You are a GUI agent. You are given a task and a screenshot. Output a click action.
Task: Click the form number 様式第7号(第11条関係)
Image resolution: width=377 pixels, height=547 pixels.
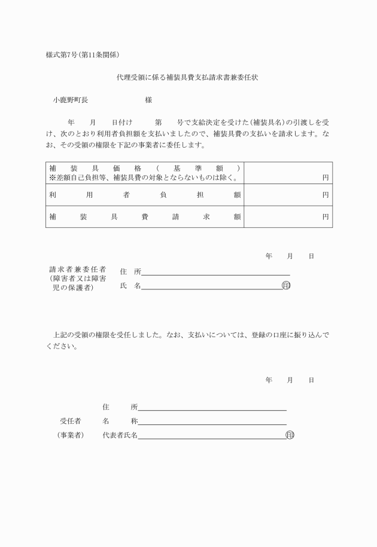(x=83, y=55)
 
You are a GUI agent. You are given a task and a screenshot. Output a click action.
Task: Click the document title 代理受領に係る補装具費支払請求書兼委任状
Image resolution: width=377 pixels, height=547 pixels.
(x=187, y=78)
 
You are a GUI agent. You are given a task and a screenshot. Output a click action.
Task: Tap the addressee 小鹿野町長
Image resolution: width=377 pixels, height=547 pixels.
(x=70, y=100)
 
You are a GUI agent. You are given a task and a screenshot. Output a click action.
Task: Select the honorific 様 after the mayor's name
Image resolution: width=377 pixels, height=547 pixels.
(x=148, y=100)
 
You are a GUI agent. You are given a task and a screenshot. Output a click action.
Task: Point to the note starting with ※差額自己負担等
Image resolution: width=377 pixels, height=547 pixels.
(x=144, y=178)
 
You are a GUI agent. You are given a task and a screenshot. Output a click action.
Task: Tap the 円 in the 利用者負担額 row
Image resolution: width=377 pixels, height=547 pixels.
(x=326, y=195)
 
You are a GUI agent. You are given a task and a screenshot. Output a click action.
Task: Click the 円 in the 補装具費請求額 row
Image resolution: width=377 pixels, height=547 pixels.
(x=326, y=217)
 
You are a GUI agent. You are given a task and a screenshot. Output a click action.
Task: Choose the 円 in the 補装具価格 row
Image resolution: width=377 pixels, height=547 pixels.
(x=326, y=178)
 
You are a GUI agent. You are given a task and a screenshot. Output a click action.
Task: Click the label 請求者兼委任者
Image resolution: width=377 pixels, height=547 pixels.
(x=78, y=270)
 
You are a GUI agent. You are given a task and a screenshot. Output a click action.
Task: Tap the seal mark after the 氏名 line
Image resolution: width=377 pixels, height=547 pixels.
(x=286, y=286)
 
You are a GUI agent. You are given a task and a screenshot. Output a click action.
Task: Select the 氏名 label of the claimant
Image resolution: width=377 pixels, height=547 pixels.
(x=130, y=286)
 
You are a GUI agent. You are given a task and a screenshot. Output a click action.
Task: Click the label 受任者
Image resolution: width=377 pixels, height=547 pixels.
(x=70, y=421)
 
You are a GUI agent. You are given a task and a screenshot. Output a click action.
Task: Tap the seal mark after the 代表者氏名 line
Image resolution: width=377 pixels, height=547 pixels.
(x=290, y=435)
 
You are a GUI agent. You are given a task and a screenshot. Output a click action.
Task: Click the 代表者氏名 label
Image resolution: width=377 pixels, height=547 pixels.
(x=120, y=435)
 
